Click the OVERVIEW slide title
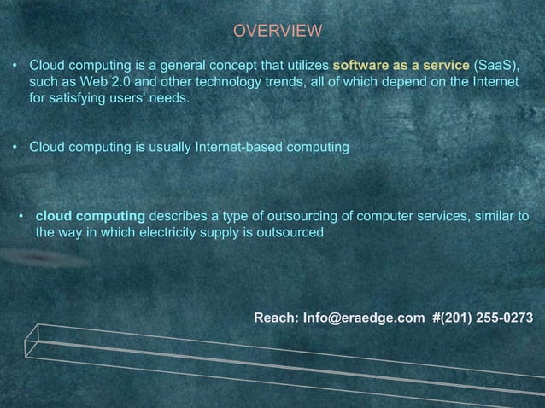pyautogui.click(x=278, y=32)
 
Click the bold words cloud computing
pyautogui.click(x=91, y=214)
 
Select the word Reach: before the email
pyautogui.click(x=276, y=318)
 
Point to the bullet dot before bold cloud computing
pyautogui.click(x=21, y=214)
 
